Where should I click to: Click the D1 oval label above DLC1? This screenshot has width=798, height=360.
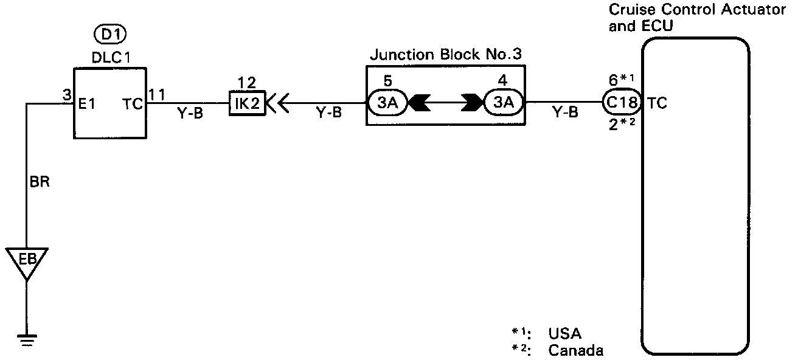(110, 35)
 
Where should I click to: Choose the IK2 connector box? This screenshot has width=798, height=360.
(248, 103)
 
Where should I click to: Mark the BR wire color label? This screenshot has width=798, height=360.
(38, 182)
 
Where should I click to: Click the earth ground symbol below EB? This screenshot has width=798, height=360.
(27, 338)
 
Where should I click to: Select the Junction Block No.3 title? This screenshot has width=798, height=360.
(446, 55)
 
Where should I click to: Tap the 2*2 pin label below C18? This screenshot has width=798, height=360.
(622, 126)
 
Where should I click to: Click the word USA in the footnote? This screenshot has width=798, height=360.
(564, 333)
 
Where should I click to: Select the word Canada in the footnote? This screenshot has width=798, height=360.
(575, 350)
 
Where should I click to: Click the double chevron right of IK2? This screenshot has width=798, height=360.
(280, 103)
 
